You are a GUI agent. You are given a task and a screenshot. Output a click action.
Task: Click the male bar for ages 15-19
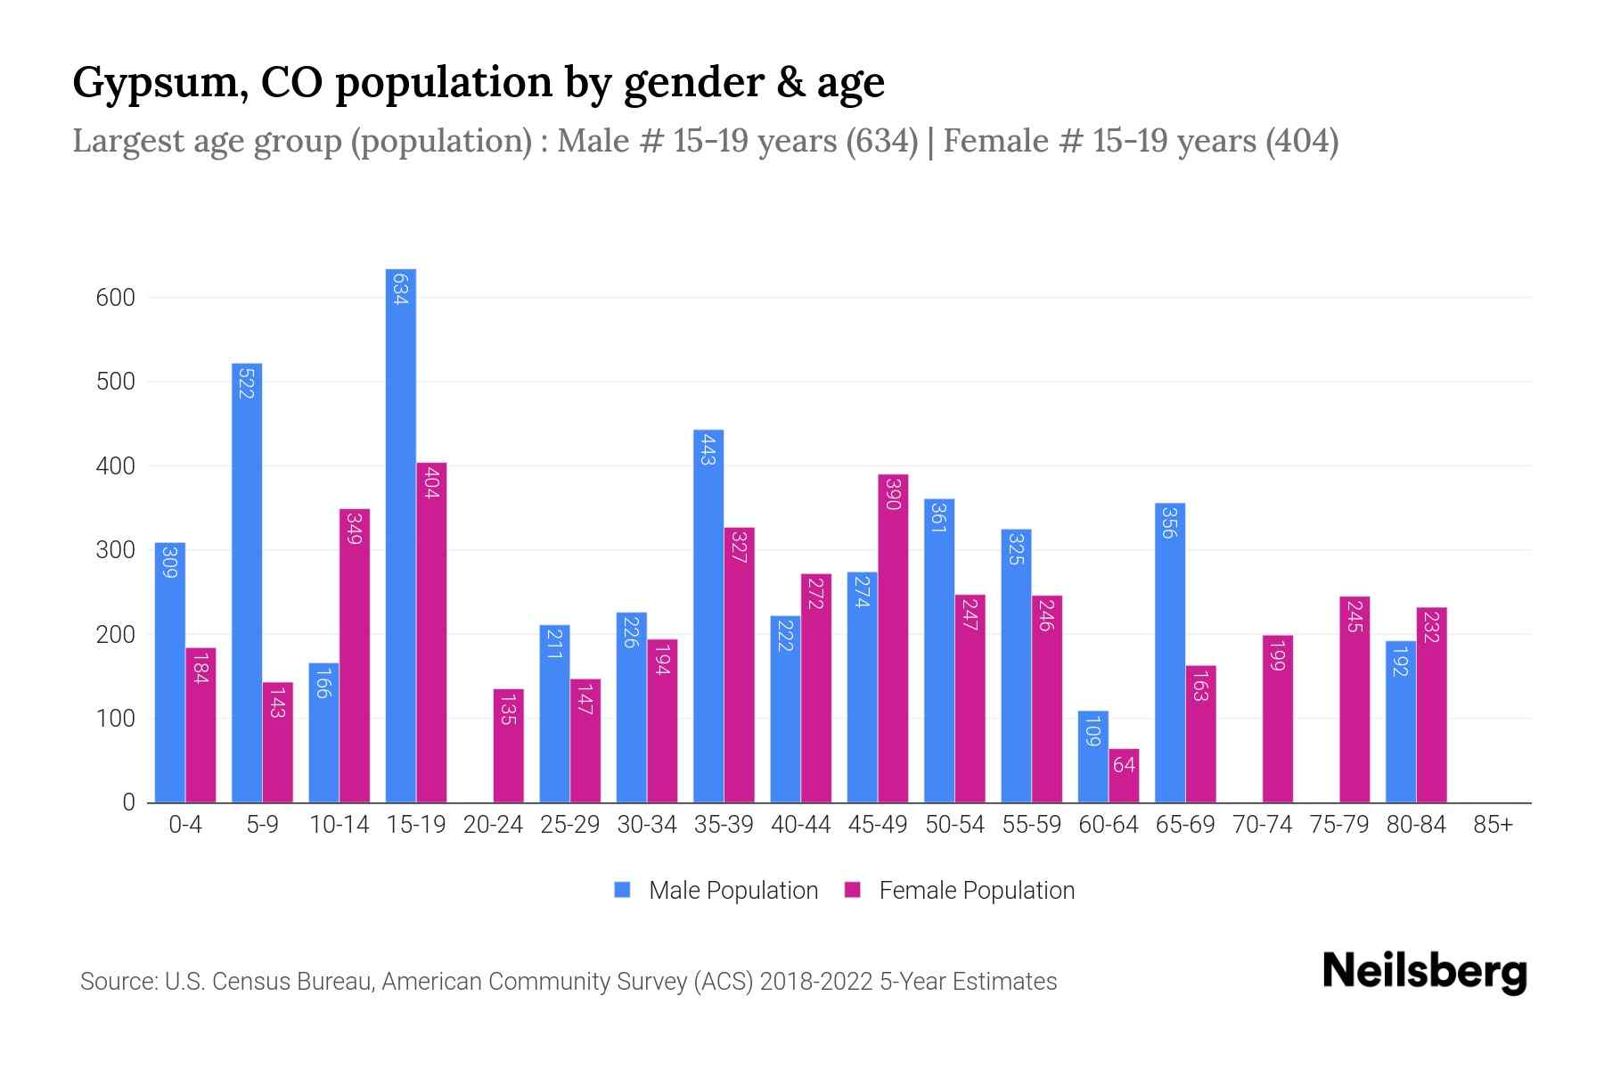(x=400, y=535)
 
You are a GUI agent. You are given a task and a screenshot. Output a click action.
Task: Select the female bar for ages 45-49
(x=893, y=638)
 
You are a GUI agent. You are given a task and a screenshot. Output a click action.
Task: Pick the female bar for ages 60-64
(x=1124, y=776)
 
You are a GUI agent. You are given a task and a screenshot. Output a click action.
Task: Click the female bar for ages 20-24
(x=508, y=745)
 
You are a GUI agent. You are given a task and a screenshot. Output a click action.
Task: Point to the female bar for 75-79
(x=1354, y=699)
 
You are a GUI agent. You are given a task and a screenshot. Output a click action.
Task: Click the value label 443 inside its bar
(x=708, y=449)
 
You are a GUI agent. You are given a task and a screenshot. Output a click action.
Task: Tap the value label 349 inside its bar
(x=355, y=528)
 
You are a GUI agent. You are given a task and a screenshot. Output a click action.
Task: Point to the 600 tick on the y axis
(x=115, y=298)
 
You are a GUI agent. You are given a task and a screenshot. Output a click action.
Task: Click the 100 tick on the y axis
(x=115, y=719)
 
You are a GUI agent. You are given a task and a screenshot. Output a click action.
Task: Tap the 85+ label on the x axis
(x=1493, y=825)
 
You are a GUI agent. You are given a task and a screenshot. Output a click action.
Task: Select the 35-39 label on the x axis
(x=724, y=825)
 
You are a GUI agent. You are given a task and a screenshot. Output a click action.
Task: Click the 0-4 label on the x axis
(x=185, y=825)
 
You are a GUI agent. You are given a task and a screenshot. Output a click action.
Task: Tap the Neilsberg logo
(x=1424, y=971)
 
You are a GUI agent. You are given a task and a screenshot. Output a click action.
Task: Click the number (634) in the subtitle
(x=881, y=141)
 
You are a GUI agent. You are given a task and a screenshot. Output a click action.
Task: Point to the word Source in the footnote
(x=117, y=982)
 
